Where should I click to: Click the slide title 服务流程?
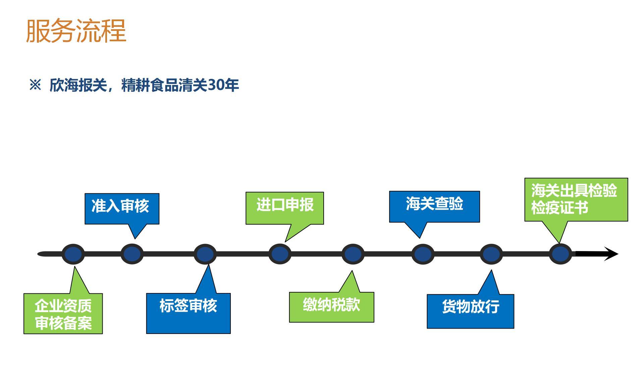(76, 31)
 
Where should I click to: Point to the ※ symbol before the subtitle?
(35, 85)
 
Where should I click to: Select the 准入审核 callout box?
(122, 209)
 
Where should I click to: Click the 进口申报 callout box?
(285, 208)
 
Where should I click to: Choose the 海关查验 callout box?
(434, 206)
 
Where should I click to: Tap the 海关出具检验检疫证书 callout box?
(576, 200)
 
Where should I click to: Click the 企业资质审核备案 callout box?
(63, 313)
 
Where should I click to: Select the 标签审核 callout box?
(188, 313)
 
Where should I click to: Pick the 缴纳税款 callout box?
(331, 307)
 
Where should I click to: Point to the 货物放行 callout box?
(470, 311)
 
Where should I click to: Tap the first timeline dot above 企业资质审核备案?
(73, 254)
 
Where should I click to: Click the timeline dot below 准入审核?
(132, 254)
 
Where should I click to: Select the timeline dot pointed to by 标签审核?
(205, 254)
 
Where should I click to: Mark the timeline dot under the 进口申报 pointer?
(280, 254)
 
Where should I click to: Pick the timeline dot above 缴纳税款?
(353, 254)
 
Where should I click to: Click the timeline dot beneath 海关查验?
(423, 254)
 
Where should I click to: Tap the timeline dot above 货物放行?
(491, 254)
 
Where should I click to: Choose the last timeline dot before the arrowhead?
(560, 254)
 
